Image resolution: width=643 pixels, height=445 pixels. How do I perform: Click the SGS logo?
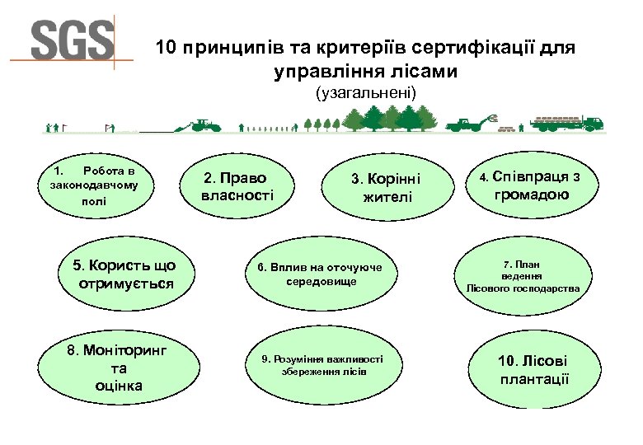[72, 40]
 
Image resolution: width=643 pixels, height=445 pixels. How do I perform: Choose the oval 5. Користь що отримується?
[125, 274]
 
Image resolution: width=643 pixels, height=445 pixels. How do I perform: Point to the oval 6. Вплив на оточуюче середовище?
[321, 275]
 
